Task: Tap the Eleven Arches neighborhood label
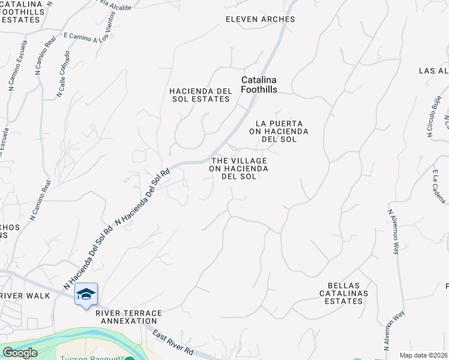(260, 19)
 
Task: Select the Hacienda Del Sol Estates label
(200, 95)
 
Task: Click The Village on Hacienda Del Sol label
(238, 169)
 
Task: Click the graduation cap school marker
(86, 294)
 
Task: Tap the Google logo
(20, 353)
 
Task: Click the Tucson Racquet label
(90, 358)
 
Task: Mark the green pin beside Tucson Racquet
(128, 358)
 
